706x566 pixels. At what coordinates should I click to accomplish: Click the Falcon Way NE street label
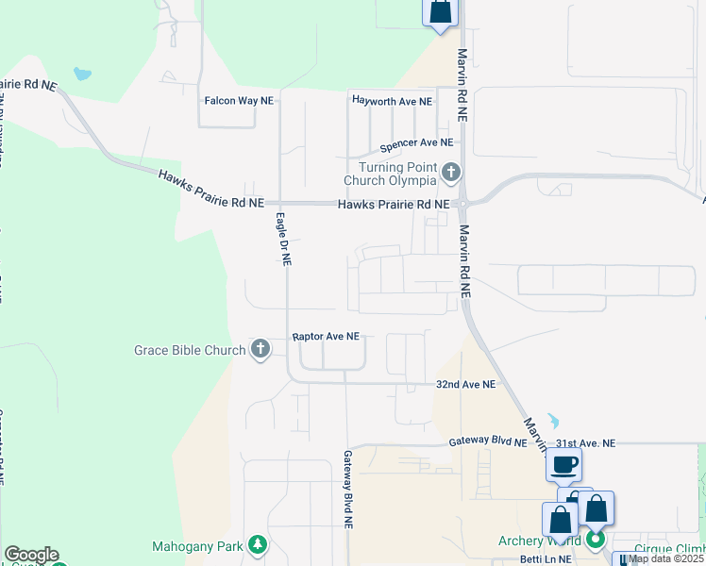(x=240, y=100)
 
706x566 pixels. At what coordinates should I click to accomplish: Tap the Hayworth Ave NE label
(x=392, y=100)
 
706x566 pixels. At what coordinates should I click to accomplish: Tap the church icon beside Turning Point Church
(x=451, y=173)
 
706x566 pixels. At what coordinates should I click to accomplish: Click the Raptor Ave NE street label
(x=327, y=336)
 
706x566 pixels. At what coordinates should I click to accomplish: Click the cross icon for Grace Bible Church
(x=261, y=350)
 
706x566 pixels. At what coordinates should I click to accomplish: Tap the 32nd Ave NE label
(x=465, y=385)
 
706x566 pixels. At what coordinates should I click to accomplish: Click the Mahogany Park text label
(x=197, y=546)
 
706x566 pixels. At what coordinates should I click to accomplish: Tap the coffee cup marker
(x=563, y=464)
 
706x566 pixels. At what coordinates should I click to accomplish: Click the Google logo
(x=31, y=555)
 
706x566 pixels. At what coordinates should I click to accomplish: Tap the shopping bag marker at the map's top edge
(x=440, y=12)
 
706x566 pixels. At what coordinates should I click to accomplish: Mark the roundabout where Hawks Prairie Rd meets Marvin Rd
(x=462, y=203)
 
